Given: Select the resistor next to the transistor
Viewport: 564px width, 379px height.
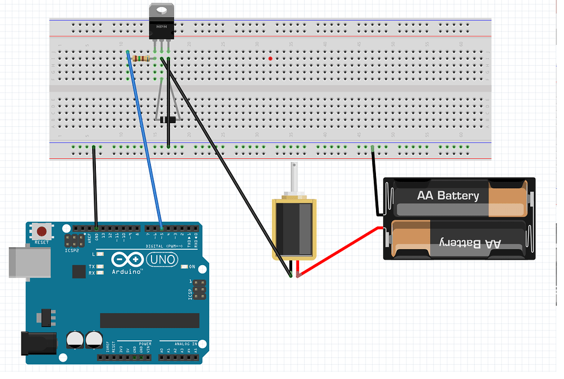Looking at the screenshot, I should pos(142,59).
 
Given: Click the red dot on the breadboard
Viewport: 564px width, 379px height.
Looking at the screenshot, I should pos(271,58).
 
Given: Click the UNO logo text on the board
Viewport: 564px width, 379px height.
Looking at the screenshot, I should pos(163,260).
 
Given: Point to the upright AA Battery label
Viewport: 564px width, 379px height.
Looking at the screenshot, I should pos(448,195).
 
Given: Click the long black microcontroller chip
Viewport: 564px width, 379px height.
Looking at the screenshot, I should pos(149,321).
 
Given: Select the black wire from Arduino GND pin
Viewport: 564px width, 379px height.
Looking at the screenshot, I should pos(95,185).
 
